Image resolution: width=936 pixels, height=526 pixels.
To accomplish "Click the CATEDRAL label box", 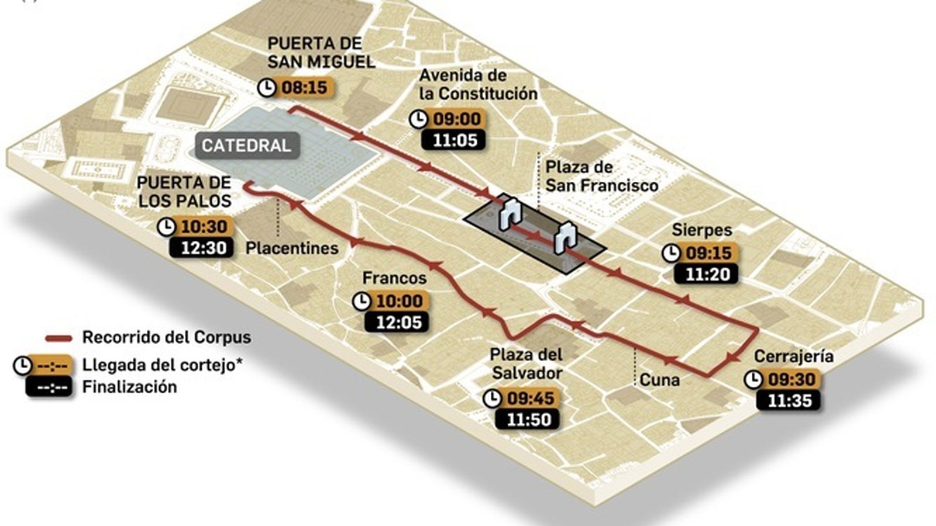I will pyautogui.click(x=246, y=146).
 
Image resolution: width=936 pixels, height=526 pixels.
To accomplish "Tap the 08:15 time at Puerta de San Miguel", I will pyautogui.click(x=304, y=88).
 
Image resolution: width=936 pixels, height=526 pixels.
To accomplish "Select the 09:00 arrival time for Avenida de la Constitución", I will pyautogui.click(x=456, y=119).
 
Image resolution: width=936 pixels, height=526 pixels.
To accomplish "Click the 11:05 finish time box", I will pyautogui.click(x=455, y=140).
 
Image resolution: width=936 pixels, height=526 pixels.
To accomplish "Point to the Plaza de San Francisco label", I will pyautogui.click(x=601, y=176).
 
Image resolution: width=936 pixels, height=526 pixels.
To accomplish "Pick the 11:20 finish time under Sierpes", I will pyautogui.click(x=707, y=274).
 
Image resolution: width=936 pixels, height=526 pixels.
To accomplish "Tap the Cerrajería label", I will pyautogui.click(x=793, y=357).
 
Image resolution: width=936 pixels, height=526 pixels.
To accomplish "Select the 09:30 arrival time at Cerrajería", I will pyautogui.click(x=792, y=379).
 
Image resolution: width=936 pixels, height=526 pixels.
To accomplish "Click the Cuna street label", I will pyautogui.click(x=659, y=380).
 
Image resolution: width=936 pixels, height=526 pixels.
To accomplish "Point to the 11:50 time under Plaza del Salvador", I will pyautogui.click(x=528, y=419).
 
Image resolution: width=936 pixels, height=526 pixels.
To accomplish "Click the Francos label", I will pyautogui.click(x=394, y=278).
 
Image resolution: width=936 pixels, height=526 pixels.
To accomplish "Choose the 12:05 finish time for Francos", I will pyautogui.click(x=398, y=322).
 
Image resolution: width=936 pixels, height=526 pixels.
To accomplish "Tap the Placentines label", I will pyautogui.click(x=292, y=248).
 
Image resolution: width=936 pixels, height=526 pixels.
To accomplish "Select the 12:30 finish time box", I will pyautogui.click(x=202, y=247).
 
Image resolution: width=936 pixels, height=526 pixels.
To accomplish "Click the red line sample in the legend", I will pyautogui.click(x=58, y=338).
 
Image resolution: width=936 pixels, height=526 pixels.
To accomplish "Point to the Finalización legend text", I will pyautogui.click(x=129, y=387).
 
